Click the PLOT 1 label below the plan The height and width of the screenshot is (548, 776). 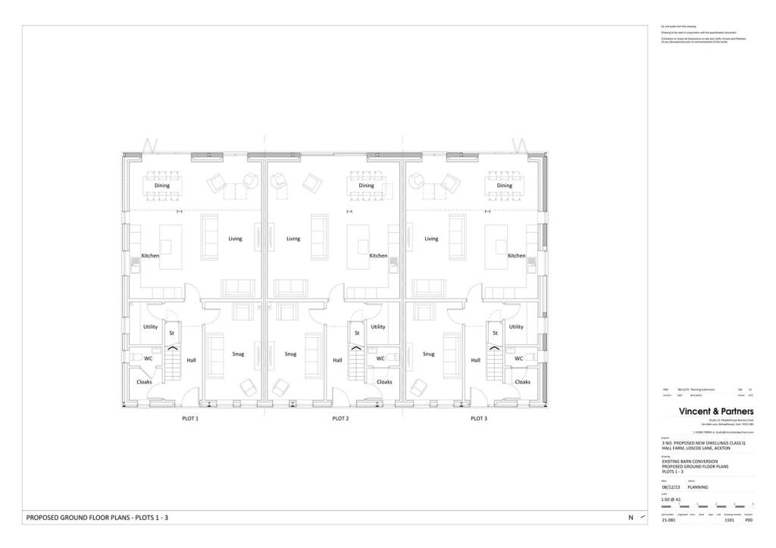point(189,418)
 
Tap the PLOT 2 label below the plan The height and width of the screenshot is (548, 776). point(341,418)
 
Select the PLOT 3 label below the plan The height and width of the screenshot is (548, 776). point(478,418)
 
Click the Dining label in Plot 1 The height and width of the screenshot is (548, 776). point(162,185)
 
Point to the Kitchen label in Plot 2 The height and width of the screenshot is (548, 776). point(378,256)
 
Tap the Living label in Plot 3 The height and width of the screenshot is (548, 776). point(431,239)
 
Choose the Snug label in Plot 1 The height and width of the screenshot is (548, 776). point(238,354)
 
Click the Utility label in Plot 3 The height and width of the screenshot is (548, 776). point(516,327)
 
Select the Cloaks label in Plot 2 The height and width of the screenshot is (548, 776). point(384,382)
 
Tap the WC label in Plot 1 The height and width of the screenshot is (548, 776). point(149,359)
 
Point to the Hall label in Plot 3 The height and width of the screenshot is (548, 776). point(476,360)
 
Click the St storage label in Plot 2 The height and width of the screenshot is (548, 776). point(356,333)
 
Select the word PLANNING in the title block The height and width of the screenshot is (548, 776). point(697,487)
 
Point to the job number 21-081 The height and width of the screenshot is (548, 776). point(668,521)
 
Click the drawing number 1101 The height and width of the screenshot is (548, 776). point(730,521)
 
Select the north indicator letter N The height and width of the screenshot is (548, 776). point(630,518)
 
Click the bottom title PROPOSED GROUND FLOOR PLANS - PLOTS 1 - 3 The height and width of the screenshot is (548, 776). point(97,518)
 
